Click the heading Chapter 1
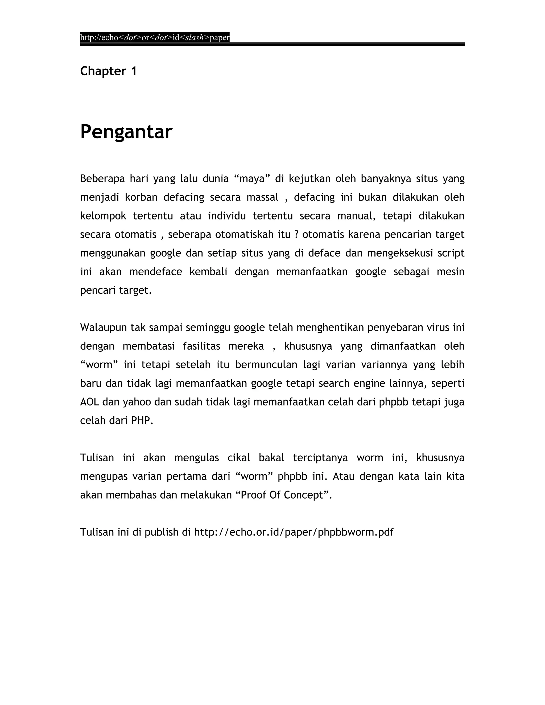108,71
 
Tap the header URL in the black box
155,38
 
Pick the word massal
262,197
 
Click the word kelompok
103,216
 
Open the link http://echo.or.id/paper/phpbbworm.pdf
294,532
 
